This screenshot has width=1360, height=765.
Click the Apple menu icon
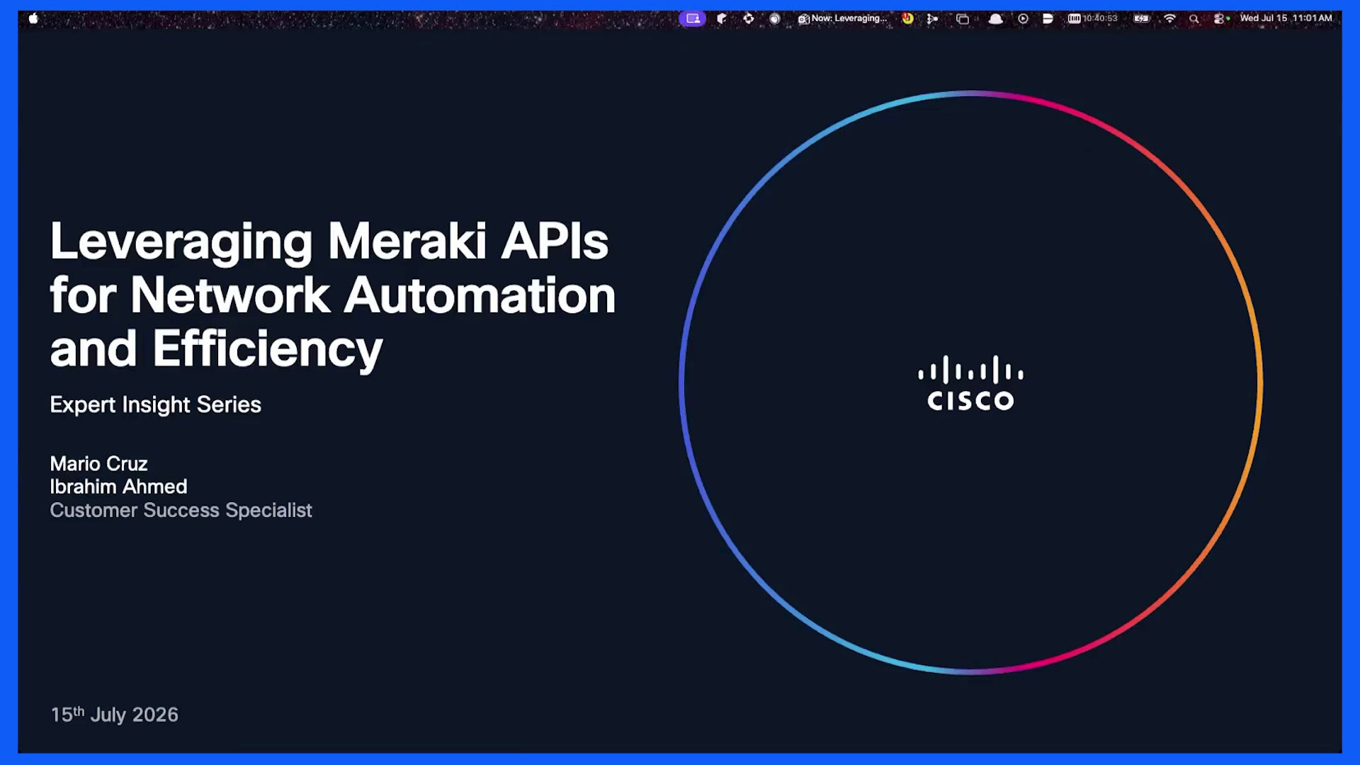coord(33,18)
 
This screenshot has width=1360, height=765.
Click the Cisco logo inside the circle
coord(970,383)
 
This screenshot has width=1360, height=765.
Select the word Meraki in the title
coord(407,242)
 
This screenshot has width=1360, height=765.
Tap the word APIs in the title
coord(555,242)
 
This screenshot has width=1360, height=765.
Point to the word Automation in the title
coord(480,295)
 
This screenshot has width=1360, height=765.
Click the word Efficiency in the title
coord(267,349)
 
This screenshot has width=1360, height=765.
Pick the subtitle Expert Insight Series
coord(155,404)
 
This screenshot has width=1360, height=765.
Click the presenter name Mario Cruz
coord(98,463)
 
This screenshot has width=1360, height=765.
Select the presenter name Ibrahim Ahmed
coord(118,487)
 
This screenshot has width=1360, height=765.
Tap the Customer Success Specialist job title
coord(181,510)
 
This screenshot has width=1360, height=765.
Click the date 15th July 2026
coord(114,714)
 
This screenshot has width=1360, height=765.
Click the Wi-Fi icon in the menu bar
coord(1169,18)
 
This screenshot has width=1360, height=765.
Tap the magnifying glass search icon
coord(1194,18)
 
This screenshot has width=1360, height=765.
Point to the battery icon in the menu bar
coord(1141,18)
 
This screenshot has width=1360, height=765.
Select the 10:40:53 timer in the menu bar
coord(1099,18)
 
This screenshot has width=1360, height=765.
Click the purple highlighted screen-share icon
coord(693,18)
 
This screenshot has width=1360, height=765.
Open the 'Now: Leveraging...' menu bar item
coord(843,18)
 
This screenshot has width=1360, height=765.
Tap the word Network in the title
coord(230,295)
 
